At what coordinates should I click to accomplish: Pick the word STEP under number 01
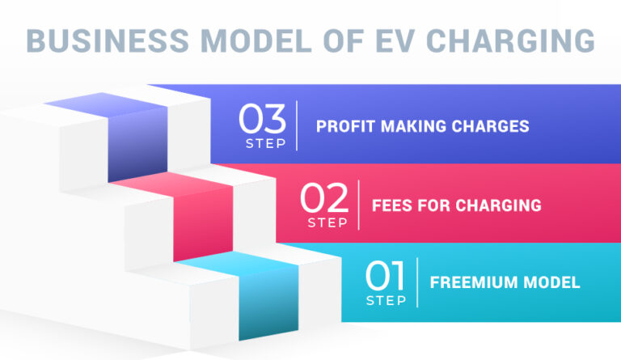click(x=386, y=301)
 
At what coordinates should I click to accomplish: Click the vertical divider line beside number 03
click(x=297, y=125)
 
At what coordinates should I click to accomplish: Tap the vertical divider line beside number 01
click(x=417, y=283)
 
